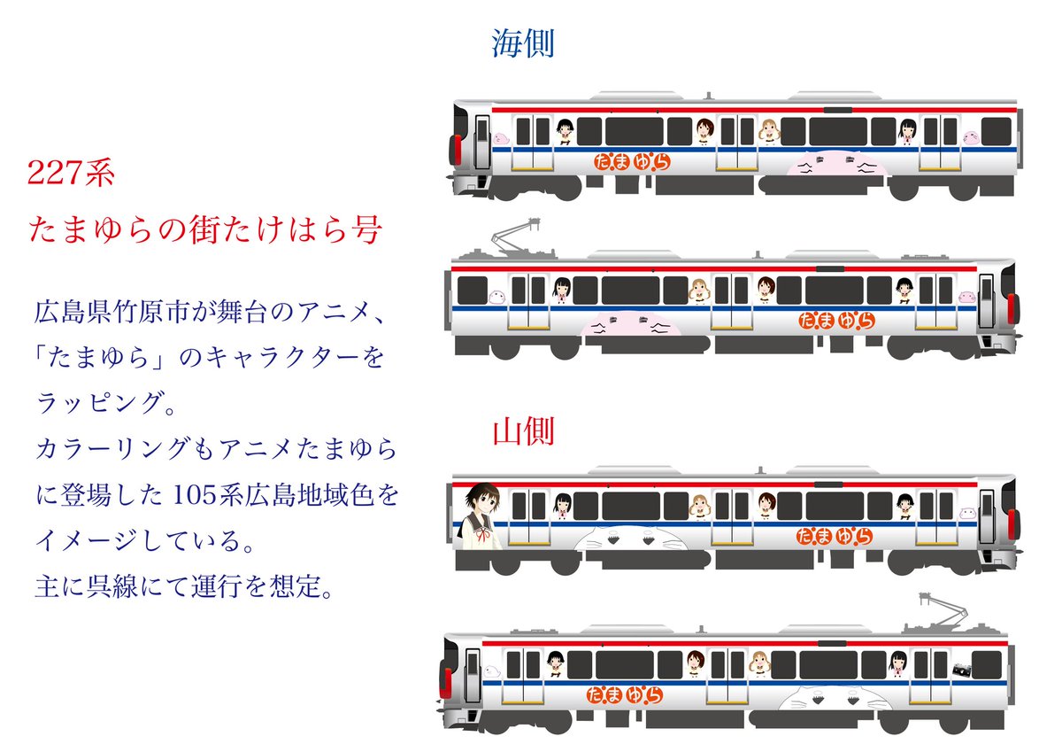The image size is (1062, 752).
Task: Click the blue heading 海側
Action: [x=523, y=43]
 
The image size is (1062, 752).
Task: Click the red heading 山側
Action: [x=523, y=432]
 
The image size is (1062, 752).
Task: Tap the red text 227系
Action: [x=72, y=174]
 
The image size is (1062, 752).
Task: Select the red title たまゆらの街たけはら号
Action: [x=205, y=231]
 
